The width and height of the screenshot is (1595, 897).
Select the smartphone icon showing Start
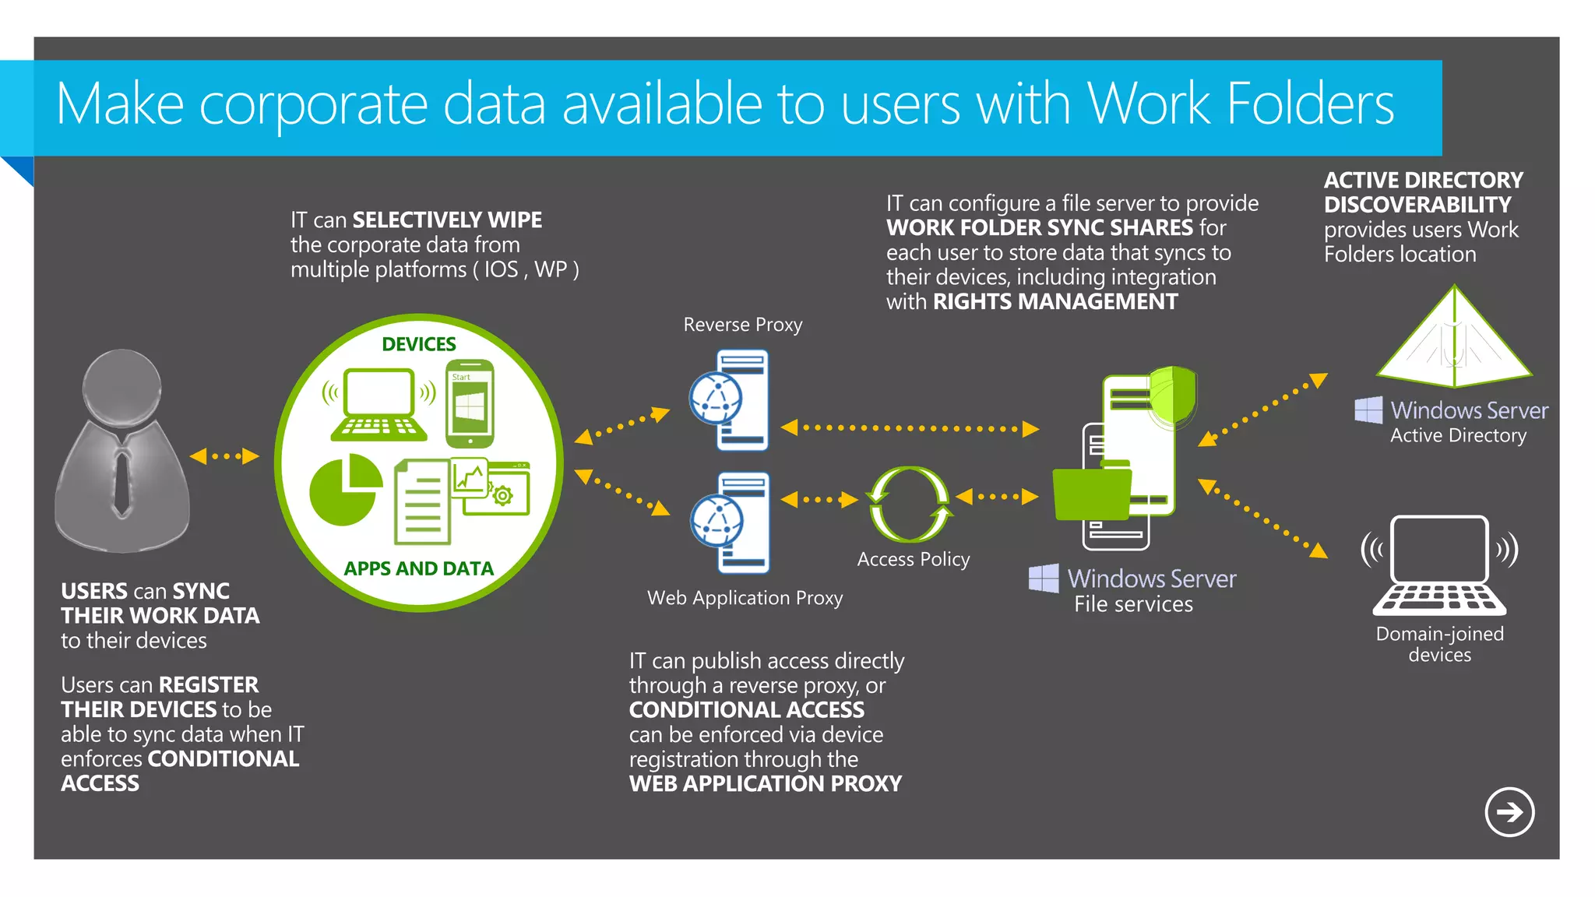click(470, 403)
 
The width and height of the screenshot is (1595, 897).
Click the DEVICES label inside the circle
click(418, 344)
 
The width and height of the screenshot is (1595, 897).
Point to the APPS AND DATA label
click(418, 568)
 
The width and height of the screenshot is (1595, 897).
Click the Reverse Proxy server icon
click(731, 399)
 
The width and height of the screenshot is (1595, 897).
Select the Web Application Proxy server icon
click(731, 522)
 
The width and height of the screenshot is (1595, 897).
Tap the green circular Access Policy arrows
click(910, 504)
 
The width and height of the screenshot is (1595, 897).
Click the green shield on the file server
click(1173, 395)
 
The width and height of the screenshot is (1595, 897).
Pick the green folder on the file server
click(1091, 493)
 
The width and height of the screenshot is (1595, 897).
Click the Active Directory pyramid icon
click(1453, 340)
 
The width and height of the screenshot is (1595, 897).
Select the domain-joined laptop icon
click(1439, 565)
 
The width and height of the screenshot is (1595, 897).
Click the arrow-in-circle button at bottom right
click(1509, 812)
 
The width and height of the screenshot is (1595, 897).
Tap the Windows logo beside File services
click(1044, 579)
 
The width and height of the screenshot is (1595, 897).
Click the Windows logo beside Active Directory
click(1368, 410)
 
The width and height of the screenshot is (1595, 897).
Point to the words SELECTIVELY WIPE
click(447, 220)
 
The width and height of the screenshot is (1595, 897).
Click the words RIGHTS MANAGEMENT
click(1055, 301)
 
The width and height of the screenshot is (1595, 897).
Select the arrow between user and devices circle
click(224, 456)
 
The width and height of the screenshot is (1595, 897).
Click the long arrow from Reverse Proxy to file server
click(910, 428)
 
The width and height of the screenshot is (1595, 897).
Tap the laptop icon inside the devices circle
click(379, 405)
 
